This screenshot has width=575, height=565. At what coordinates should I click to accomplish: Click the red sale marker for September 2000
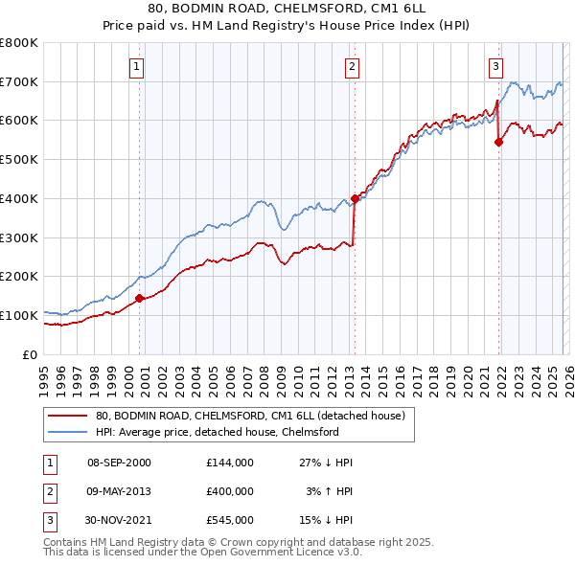pos(139,298)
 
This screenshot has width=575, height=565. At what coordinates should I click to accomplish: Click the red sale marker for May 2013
pos(354,198)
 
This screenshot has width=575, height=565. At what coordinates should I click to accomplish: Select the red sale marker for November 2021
pos(498,142)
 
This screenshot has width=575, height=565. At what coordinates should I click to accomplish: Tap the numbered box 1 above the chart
pos(137,67)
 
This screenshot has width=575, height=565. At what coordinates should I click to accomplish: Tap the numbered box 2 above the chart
pos(352,67)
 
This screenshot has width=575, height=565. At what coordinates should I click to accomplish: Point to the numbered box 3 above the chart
pos(495,67)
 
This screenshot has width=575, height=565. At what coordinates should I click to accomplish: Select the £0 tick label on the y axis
pos(29,354)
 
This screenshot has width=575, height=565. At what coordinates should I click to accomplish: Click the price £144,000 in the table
pos(229,462)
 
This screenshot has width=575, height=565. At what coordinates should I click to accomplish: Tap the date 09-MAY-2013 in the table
pos(119,491)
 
